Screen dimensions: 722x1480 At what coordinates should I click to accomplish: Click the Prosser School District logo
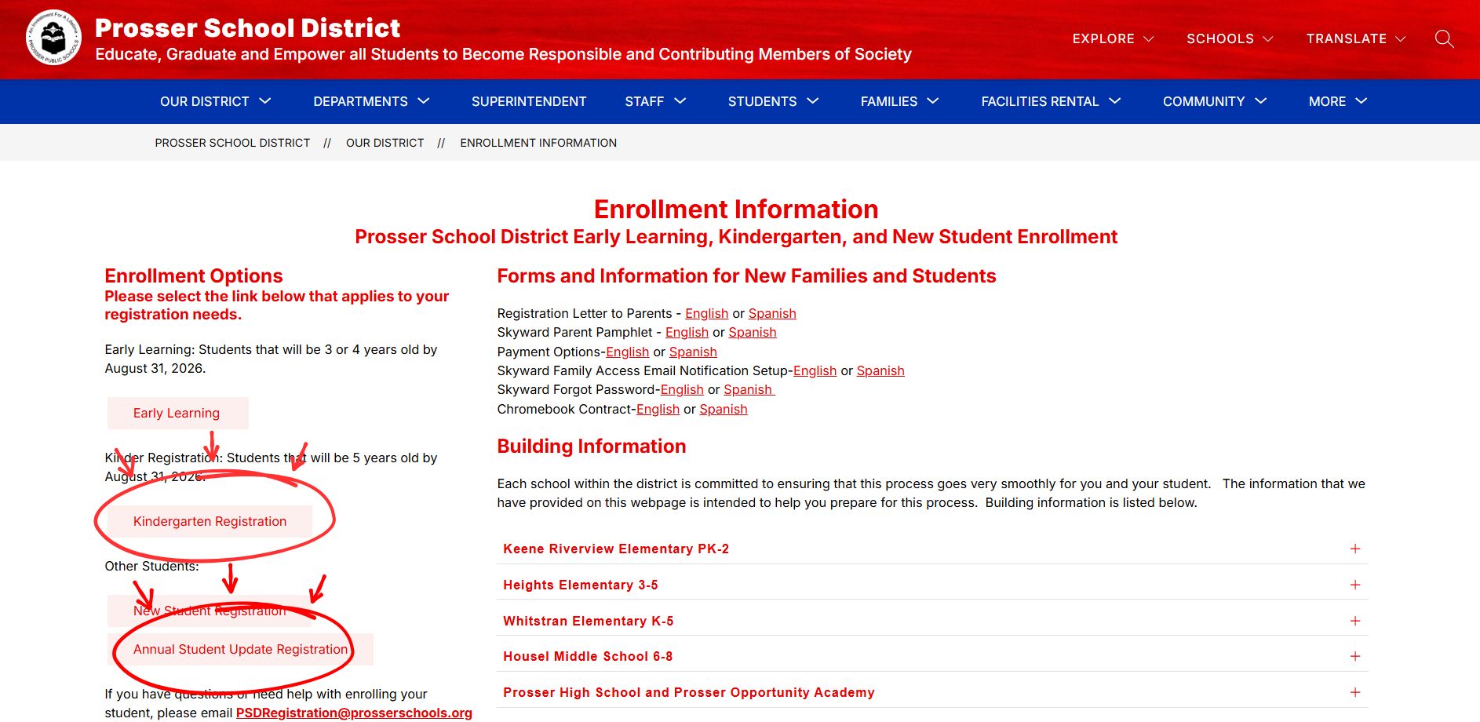pyautogui.click(x=53, y=38)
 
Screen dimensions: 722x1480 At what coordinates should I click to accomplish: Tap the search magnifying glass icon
pyautogui.click(x=1444, y=38)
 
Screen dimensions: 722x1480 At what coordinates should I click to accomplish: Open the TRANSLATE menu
pyautogui.click(x=1355, y=38)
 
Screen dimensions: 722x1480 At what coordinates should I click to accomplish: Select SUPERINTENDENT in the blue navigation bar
pyautogui.click(x=528, y=101)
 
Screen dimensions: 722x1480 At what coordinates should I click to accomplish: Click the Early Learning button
pyautogui.click(x=177, y=413)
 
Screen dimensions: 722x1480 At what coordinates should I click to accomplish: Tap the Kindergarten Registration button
pyautogui.click(x=210, y=521)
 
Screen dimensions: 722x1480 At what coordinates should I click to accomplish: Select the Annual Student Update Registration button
pyautogui.click(x=240, y=649)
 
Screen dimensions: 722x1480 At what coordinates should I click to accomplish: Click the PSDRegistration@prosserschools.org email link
pyautogui.click(x=354, y=713)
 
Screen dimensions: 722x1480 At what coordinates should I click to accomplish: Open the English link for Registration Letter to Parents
pyautogui.click(x=706, y=313)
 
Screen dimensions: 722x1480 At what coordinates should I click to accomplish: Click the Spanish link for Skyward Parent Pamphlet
pyautogui.click(x=752, y=332)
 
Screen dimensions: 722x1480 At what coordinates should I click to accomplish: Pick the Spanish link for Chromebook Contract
pyautogui.click(x=723, y=409)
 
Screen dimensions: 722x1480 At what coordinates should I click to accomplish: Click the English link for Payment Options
pyautogui.click(x=627, y=352)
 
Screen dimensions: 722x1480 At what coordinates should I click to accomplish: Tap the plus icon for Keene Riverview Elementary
pyautogui.click(x=1354, y=549)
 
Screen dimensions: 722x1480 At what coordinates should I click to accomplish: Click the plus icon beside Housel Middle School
pyautogui.click(x=1354, y=656)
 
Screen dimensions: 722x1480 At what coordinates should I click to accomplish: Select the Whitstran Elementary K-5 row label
pyautogui.click(x=588, y=621)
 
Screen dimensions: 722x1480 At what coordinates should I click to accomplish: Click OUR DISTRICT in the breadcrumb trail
pyautogui.click(x=385, y=143)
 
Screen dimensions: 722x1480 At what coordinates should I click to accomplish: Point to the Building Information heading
pyautogui.click(x=591, y=446)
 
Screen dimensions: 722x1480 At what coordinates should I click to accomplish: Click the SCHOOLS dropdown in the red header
pyautogui.click(x=1229, y=38)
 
